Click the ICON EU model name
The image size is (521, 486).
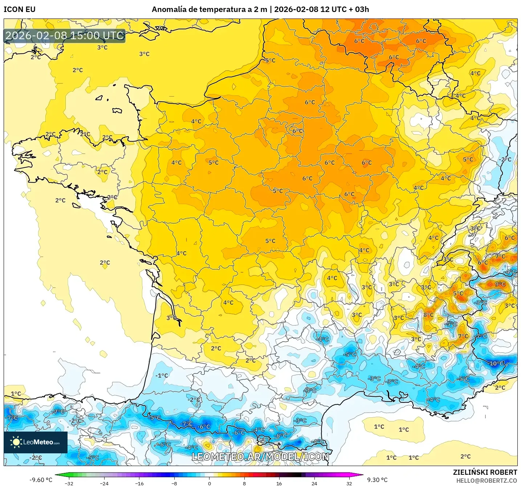(x=20, y=9)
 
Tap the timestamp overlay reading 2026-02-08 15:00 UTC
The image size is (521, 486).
(x=65, y=36)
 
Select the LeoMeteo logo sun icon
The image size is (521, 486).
(x=16, y=442)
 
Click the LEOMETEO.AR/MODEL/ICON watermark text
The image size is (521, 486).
(x=260, y=457)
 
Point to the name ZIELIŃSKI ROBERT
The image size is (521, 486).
(x=485, y=472)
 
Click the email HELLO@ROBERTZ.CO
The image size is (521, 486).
(x=487, y=481)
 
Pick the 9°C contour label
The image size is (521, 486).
(x=500, y=284)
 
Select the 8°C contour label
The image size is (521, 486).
(x=428, y=315)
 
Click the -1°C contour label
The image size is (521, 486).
(x=162, y=376)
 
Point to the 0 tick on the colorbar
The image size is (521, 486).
(x=209, y=483)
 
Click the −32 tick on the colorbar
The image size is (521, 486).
(x=69, y=483)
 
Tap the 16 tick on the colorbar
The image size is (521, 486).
(x=279, y=483)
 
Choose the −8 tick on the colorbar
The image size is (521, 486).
(x=174, y=483)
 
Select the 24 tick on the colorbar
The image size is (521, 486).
(x=314, y=483)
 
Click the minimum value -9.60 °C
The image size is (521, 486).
(x=41, y=480)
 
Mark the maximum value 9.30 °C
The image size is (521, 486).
(x=377, y=480)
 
